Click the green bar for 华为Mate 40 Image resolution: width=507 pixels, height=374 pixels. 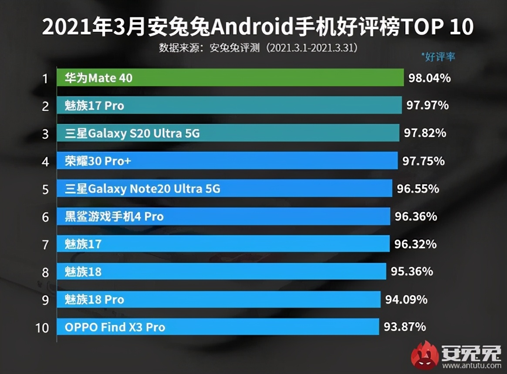point(230,78)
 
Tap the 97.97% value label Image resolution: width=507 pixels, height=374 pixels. point(427,106)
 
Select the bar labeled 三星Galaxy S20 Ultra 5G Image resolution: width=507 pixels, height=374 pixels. point(228,133)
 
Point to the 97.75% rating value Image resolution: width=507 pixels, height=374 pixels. point(423,161)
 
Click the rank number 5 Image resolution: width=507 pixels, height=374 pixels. point(45,189)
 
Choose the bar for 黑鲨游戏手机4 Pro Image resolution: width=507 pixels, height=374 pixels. point(223,216)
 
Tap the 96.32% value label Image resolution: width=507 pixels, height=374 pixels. point(415,244)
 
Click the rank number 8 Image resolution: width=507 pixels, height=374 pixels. point(45,272)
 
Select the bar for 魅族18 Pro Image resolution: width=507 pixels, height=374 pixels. point(218,300)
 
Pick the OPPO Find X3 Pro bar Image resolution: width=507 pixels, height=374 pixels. point(217,327)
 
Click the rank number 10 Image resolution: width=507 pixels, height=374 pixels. point(42,327)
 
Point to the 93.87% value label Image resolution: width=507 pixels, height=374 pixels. point(405,326)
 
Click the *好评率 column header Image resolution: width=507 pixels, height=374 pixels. point(438,57)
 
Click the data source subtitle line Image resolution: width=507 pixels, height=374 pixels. point(258,47)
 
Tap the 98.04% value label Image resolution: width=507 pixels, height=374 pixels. point(429,78)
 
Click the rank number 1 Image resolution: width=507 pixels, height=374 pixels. point(45,79)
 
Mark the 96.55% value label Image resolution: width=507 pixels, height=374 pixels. point(418,189)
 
